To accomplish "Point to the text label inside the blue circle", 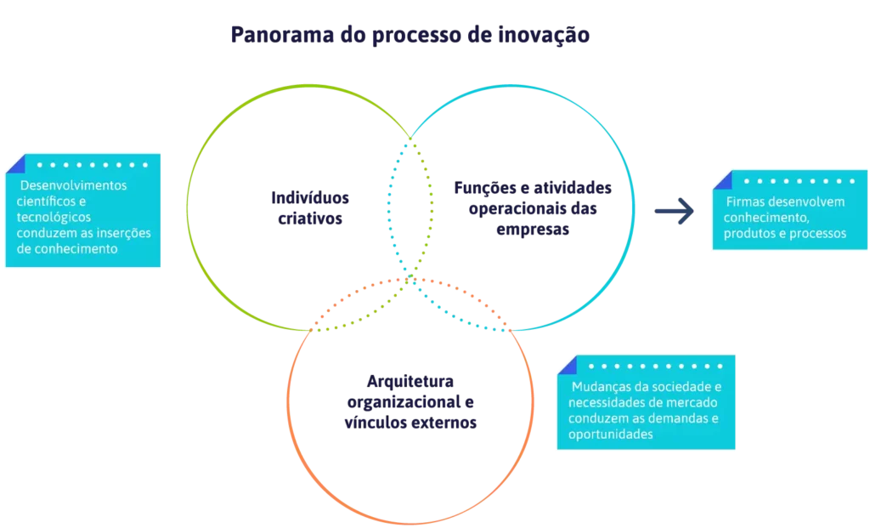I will (x=517, y=207).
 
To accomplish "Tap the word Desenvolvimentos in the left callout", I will (x=73, y=185).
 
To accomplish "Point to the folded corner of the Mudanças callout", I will (x=568, y=366).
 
